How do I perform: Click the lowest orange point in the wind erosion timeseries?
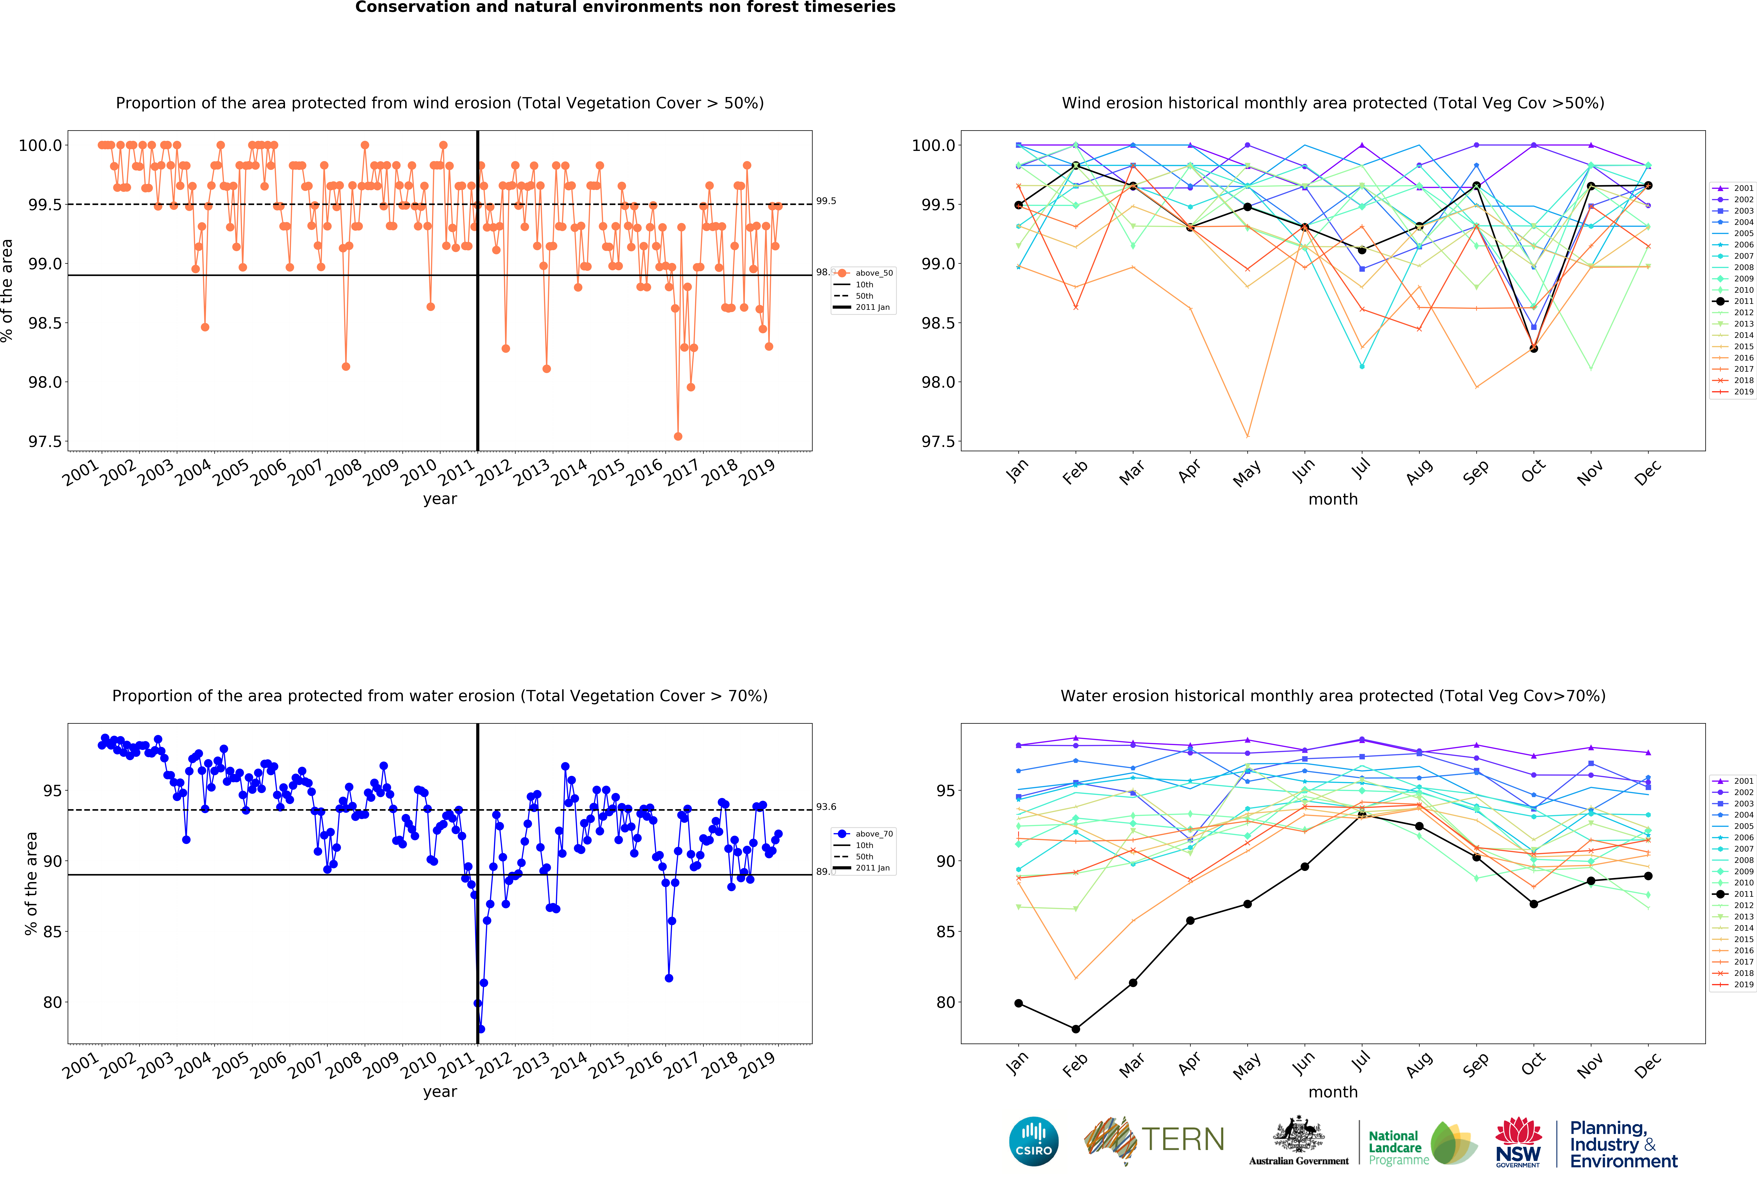coord(677,436)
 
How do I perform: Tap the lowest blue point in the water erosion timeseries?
coord(481,1029)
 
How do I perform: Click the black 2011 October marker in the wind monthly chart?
coord(1533,348)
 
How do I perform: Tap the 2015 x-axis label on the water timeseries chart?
coord(607,1066)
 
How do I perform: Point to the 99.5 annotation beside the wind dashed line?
coord(826,201)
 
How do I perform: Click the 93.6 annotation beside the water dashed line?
coord(826,807)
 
